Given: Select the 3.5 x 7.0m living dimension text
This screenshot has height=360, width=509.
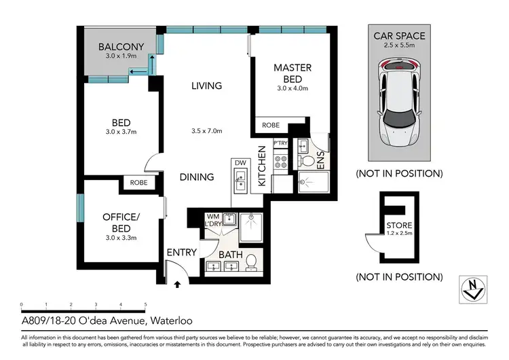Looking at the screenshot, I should click(207, 131).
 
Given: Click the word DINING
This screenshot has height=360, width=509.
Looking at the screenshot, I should click(197, 177).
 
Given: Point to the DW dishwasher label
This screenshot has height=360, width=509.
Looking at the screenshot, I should click(240, 162).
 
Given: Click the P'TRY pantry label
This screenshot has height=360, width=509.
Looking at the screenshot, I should click(280, 143).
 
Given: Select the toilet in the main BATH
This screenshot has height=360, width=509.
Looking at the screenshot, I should click(251, 261).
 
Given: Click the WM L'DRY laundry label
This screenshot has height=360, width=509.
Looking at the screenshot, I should click(213, 219).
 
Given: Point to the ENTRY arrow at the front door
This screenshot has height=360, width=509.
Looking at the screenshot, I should click(177, 284).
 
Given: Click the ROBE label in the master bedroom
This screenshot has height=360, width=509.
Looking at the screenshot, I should click(270, 126).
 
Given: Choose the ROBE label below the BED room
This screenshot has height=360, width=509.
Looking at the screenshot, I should click(138, 182).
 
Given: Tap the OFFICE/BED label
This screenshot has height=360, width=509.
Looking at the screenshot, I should click(120, 222).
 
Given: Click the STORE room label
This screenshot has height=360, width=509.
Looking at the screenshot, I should click(398, 226).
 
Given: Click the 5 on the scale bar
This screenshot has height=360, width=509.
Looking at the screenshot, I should click(146, 305).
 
